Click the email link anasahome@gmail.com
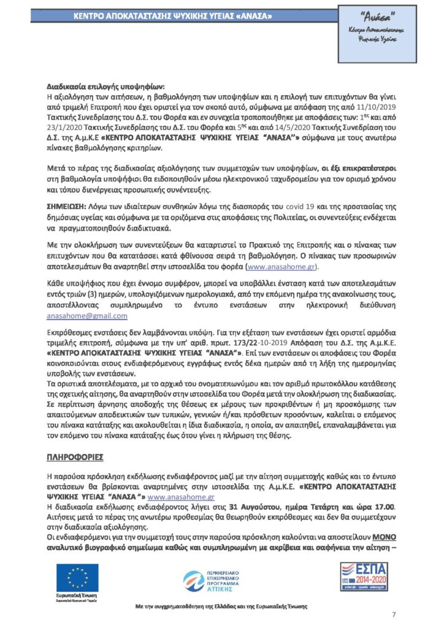click(87, 316)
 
